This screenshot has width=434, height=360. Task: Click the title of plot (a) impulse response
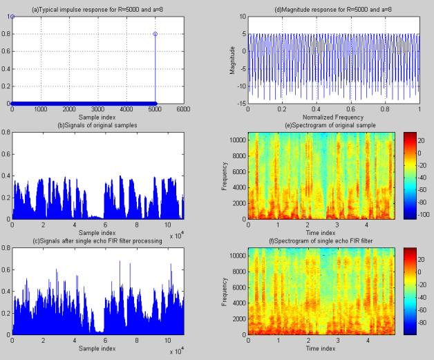pos(97,6)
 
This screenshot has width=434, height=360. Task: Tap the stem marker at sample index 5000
pos(155,33)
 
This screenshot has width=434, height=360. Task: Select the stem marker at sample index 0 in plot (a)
pos(12,15)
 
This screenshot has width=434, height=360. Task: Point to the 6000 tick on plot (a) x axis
pos(183,109)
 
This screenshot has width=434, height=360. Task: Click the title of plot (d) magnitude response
pos(333,6)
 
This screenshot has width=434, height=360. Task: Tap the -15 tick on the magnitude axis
pos(239,104)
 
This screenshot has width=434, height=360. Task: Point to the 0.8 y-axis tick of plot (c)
pos(6,247)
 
